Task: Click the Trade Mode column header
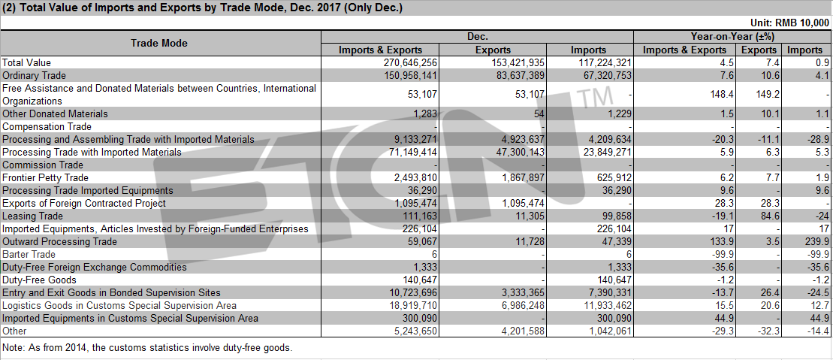159,43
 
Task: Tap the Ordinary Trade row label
34,75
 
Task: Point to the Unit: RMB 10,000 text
789,23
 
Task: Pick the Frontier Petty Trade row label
45,177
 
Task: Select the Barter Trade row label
29,254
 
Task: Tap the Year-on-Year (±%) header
732,37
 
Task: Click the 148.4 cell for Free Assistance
724,95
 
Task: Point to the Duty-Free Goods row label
39,280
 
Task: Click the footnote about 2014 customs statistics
147,348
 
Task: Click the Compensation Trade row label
47,126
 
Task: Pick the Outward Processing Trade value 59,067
422,241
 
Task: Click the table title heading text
203,8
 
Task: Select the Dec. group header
477,37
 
